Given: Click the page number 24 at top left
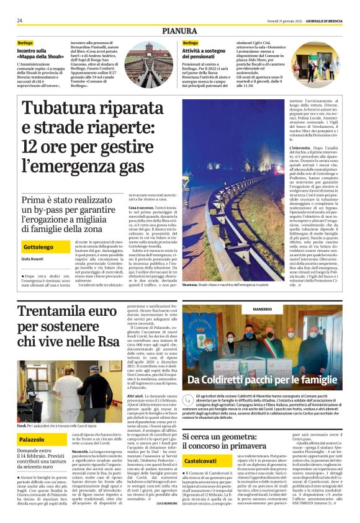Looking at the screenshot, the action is [20, 20].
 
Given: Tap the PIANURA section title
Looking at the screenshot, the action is [179, 30].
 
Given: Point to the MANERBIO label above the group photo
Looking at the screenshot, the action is [262, 308].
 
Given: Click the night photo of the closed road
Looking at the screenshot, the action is [233, 193].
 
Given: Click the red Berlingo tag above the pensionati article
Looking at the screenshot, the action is [191, 43].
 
